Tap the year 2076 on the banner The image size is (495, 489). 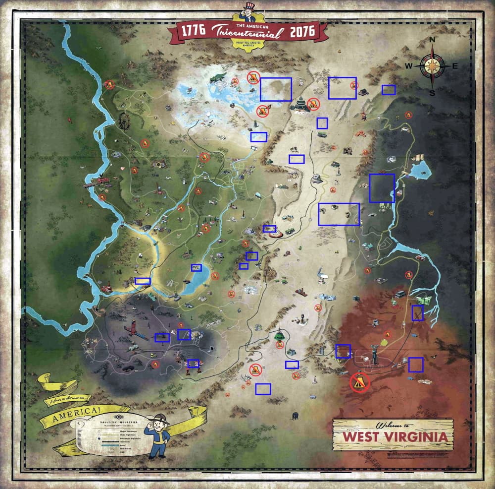[x=301, y=31]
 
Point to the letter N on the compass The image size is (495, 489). [x=432, y=40]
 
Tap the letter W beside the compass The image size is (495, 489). [x=409, y=66]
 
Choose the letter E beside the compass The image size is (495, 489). [x=455, y=66]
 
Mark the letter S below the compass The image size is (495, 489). [x=432, y=92]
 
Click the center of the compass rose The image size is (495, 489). [x=432, y=66]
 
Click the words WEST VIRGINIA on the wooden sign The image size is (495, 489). [x=392, y=437]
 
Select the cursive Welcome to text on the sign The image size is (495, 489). [x=393, y=426]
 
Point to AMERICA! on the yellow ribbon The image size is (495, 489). [x=78, y=411]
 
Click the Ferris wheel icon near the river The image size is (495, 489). [x=125, y=121]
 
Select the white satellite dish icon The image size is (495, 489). [x=322, y=272]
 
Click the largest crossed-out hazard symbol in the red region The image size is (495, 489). [x=360, y=382]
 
